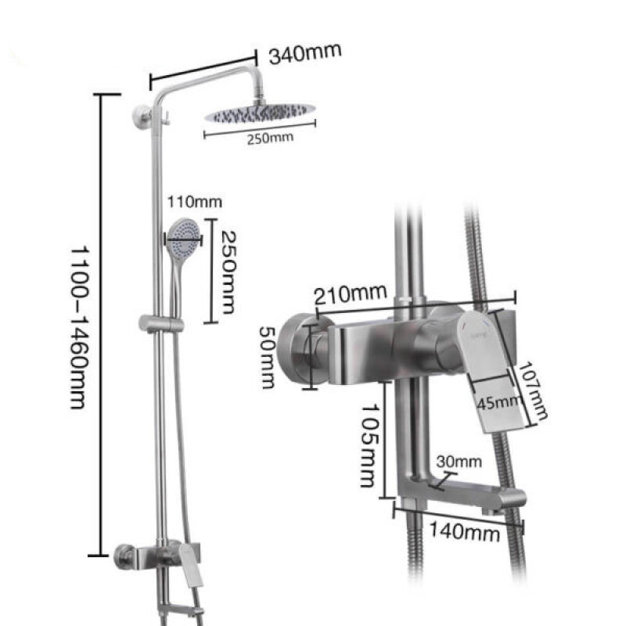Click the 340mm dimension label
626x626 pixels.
coord(305,53)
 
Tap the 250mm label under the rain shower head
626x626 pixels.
coord(270,139)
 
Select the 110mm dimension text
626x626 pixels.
coord(194,202)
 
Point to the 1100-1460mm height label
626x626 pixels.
coord(79,327)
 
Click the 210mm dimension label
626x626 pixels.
coord(350,295)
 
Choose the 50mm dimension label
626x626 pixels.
coord(268,357)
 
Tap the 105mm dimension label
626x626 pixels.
coord(369,445)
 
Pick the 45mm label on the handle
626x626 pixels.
coord(499,402)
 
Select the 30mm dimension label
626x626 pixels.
coord(459,462)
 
